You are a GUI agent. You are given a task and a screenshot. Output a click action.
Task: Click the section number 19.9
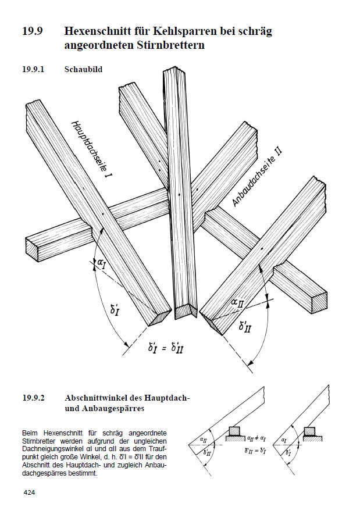tap(33, 31)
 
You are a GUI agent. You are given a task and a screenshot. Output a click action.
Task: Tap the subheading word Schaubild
tap(83, 69)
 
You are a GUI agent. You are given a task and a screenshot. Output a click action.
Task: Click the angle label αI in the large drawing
tap(102, 265)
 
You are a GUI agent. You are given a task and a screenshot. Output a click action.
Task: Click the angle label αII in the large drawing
tap(237, 303)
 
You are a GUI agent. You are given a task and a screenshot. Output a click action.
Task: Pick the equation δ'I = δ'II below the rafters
tap(166, 348)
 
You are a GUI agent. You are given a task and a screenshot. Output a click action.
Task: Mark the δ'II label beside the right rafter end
tap(245, 326)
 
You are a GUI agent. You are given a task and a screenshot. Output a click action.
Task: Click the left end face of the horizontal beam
tap(32, 249)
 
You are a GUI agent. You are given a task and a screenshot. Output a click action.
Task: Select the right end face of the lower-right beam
tap(319, 302)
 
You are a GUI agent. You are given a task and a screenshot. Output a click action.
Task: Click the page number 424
tap(29, 492)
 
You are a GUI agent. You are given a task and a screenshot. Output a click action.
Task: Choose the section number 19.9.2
tap(33, 397)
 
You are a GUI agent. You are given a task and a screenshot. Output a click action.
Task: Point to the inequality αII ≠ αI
tap(256, 439)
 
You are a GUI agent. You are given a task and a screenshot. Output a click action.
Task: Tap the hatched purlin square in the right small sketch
tap(309, 431)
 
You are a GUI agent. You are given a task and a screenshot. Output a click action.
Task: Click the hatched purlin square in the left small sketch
tap(234, 431)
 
